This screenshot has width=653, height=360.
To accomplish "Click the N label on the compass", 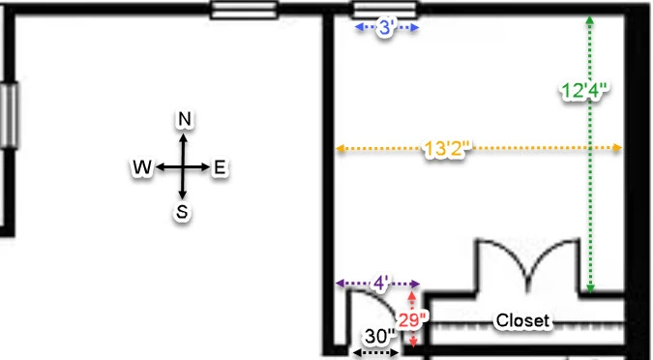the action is click(185, 120).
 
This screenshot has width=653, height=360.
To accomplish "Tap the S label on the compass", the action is click(182, 212).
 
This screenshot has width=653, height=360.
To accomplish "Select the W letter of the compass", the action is click(142, 167).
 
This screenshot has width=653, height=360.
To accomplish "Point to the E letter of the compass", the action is click(220, 167).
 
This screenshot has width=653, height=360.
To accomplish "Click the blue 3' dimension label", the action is click(386, 28).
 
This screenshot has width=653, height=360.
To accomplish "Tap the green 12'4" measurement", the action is click(584, 91).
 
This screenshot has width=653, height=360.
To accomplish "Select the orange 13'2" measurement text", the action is click(447, 148).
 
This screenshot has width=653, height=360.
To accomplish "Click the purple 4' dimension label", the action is click(380, 284).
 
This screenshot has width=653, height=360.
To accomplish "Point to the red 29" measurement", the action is click(412, 320).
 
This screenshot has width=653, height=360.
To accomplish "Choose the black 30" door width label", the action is click(379, 336).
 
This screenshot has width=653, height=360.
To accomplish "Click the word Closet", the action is click(522, 320).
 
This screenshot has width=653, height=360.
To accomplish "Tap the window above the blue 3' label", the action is click(385, 9).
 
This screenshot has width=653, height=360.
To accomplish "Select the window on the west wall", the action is click(9, 115).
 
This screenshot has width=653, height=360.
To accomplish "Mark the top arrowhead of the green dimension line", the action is click(590, 20).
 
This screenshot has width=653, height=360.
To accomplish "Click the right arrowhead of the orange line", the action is click(617, 147).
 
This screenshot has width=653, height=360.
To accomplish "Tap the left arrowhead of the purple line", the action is click(341, 284).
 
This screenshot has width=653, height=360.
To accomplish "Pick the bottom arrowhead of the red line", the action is click(412, 344).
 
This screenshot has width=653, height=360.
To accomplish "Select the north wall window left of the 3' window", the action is click(244, 10).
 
